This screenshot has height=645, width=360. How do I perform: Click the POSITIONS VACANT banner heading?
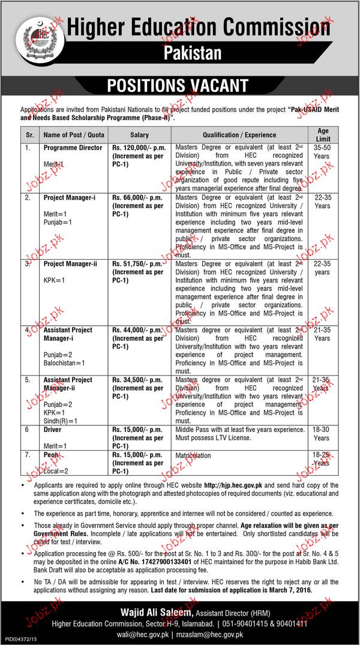coord(169,85)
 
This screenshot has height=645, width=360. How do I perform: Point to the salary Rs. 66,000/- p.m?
coord(136,197)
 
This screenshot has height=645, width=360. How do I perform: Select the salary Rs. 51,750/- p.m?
coord(137,264)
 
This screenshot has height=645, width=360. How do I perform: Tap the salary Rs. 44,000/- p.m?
coord(137,330)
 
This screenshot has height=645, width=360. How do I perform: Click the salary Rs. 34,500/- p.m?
coord(137,380)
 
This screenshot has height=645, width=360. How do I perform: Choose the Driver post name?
coord(52,430)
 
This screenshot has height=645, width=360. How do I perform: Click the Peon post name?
coord(50,455)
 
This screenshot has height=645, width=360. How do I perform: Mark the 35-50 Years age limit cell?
coord(322,151)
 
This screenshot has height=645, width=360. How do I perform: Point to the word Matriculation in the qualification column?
coord(193,455)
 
